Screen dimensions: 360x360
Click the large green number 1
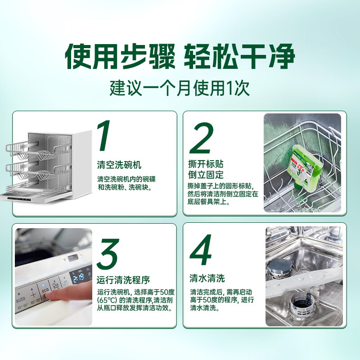click(104, 136)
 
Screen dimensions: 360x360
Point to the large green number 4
click(201, 250)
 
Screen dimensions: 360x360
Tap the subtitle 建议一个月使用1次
click(180, 87)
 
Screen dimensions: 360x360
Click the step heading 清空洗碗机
click(119, 165)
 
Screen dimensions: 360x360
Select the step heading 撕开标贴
click(205, 163)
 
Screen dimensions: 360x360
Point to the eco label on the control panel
click(45, 291)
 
